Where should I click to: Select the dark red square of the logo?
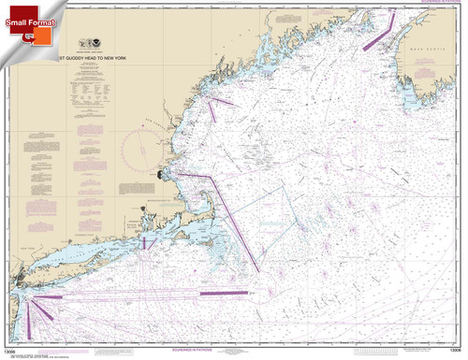[x=28, y=35]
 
